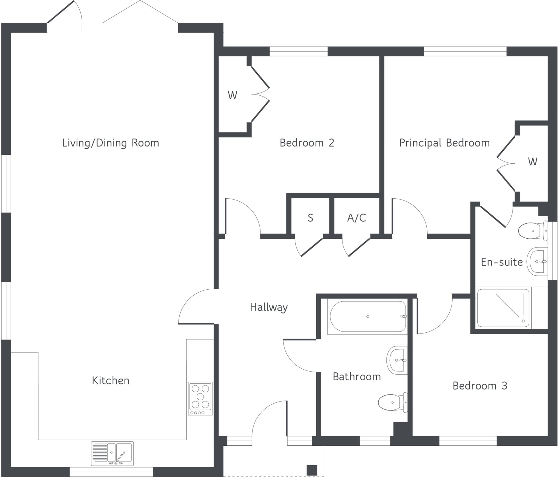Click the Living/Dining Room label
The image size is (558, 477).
(x=110, y=143)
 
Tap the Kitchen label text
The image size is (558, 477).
(x=110, y=381)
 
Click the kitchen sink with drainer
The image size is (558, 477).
(x=112, y=453)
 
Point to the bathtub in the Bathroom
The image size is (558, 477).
(x=368, y=316)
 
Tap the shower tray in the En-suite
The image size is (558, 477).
(x=504, y=308)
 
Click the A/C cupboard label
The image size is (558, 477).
(x=356, y=218)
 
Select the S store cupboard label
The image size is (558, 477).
(x=310, y=218)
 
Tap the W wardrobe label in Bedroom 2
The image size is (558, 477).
(x=232, y=95)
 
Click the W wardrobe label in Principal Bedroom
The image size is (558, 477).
(x=532, y=162)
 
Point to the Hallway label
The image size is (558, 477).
(x=269, y=307)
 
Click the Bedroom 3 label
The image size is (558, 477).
(x=480, y=386)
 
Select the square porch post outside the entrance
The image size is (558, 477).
(x=312, y=470)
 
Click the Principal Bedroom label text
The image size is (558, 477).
(x=444, y=143)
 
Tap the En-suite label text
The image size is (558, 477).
(x=502, y=262)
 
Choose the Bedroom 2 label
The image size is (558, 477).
(x=307, y=143)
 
